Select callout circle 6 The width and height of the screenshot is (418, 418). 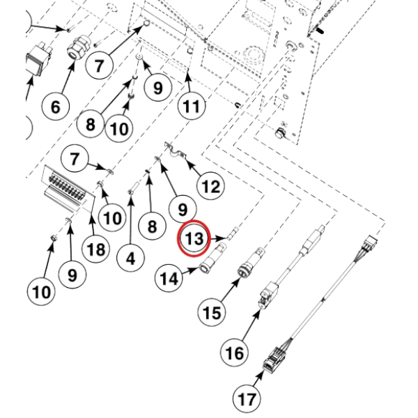[55, 107]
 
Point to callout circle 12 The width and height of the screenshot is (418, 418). [210, 186]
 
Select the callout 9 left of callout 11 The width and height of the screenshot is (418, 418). [157, 88]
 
